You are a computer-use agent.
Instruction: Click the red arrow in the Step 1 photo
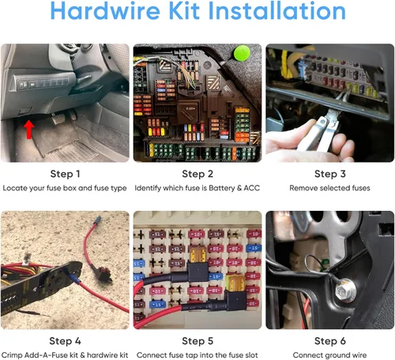pyautogui.click(x=28, y=129)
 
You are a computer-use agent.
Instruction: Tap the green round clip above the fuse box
pyautogui.click(x=242, y=53)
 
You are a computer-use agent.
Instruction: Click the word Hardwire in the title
pyautogui.click(x=105, y=11)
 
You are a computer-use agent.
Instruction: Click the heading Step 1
pyautogui.click(x=65, y=174)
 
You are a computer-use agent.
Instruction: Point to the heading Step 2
pyautogui.click(x=197, y=174)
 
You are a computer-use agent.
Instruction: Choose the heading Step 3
pyautogui.click(x=330, y=174)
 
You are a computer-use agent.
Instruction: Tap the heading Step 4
pyautogui.click(x=65, y=341)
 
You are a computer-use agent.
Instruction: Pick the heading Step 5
pyautogui.click(x=197, y=341)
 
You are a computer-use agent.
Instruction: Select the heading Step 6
pyautogui.click(x=330, y=341)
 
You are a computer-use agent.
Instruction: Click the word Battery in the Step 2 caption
pyautogui.click(x=222, y=188)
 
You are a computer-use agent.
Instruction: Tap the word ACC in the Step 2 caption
pyautogui.click(x=252, y=188)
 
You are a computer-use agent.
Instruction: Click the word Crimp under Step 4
pyautogui.click(x=12, y=355)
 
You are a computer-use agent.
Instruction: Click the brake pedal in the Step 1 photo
pyautogui.click(x=58, y=119)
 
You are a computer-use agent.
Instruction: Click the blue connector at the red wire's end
pyautogui.click(x=98, y=219)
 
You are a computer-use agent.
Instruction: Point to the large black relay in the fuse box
pyautogui.click(x=188, y=111)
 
